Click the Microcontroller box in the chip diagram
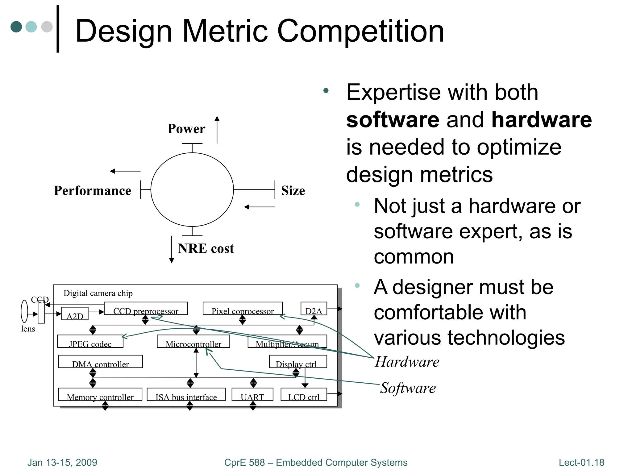point(193,341)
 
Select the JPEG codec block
point(90,341)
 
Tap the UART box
point(252,394)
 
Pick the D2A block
point(314,309)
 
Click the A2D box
point(75,314)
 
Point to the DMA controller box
point(100,361)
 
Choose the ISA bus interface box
point(186,394)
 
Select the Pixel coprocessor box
point(243,309)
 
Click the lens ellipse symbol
point(24,312)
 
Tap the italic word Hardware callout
point(407,362)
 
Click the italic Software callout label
point(408,388)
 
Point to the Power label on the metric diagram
point(186,129)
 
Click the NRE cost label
point(206,248)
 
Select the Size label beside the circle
point(293,190)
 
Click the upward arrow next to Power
point(217,130)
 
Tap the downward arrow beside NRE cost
point(172,249)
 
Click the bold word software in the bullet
point(393,120)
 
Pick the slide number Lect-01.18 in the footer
point(581,462)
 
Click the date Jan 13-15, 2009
point(62,462)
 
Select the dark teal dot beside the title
point(16,27)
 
